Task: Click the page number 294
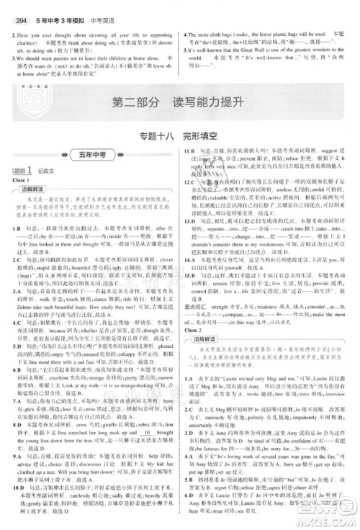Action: point(17,7)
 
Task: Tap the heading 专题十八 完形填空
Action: point(180,137)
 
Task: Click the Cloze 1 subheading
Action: point(22,180)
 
